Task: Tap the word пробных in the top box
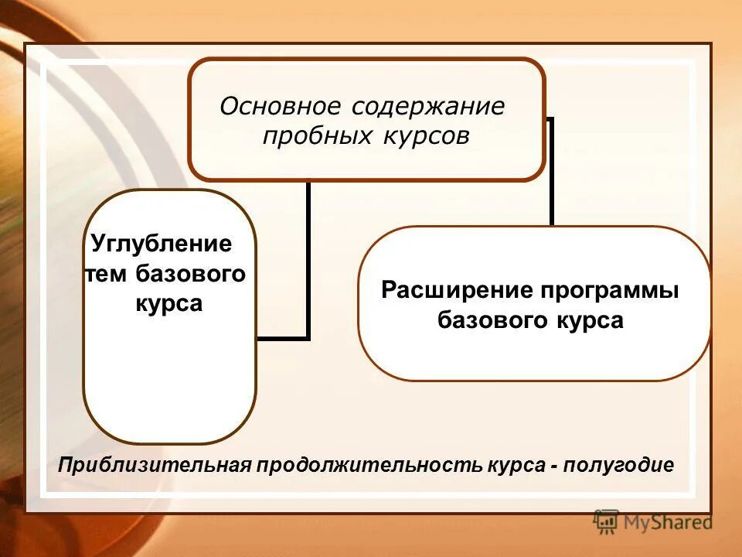pos(315,136)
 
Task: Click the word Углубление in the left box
pos(162,244)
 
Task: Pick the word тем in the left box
pos(107,274)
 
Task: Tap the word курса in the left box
pos(168,303)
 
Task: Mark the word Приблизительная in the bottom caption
pos(156,465)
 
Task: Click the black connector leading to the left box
pos(308,263)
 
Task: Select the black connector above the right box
pos(551,174)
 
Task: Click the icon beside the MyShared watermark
pos(607,522)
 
